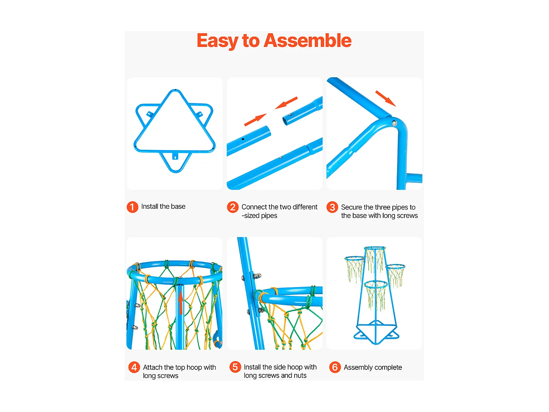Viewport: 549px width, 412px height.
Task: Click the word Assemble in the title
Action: (307, 40)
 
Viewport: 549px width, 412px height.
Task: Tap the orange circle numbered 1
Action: (132, 207)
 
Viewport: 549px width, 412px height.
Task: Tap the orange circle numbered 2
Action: (232, 207)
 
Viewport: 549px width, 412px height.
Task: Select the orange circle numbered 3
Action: (332, 207)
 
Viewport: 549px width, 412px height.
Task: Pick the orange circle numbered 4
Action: (134, 367)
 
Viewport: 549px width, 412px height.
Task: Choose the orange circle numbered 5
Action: (235, 367)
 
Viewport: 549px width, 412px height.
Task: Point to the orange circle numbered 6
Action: (335, 367)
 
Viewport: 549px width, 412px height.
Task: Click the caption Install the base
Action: (163, 207)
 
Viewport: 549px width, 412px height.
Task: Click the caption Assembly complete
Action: (373, 367)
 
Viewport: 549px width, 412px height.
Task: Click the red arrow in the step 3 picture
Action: (385, 98)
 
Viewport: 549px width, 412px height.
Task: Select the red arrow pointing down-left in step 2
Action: (286, 103)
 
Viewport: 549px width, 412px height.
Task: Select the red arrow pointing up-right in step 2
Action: (255, 120)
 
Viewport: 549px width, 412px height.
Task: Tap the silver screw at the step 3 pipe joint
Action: (394, 123)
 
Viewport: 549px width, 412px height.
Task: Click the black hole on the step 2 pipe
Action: (243, 139)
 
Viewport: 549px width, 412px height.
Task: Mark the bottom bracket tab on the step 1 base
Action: (175, 156)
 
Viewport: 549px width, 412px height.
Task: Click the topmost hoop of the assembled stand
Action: (374, 248)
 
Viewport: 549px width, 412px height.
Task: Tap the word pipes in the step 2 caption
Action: (269, 216)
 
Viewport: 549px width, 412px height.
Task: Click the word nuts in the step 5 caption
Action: (300, 375)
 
